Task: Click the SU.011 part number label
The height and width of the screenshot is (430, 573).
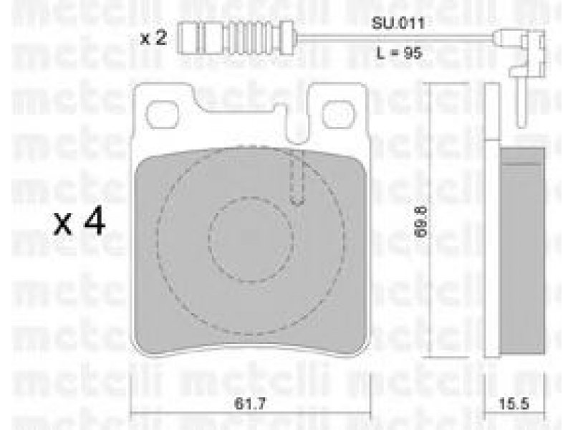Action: pos(398,24)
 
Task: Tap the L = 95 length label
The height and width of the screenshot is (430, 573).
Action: pos(400,53)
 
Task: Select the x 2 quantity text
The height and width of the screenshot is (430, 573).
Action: pos(154,38)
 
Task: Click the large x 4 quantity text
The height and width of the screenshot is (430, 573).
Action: pos(80,222)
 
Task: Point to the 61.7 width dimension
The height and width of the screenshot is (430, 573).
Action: pos(249,404)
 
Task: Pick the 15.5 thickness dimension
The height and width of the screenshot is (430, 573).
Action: pos(514,404)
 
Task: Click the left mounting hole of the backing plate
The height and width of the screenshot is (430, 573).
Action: pos(163,114)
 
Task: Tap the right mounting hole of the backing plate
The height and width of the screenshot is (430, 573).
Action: pos(339,114)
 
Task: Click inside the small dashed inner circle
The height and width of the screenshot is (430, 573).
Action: pos(251,239)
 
